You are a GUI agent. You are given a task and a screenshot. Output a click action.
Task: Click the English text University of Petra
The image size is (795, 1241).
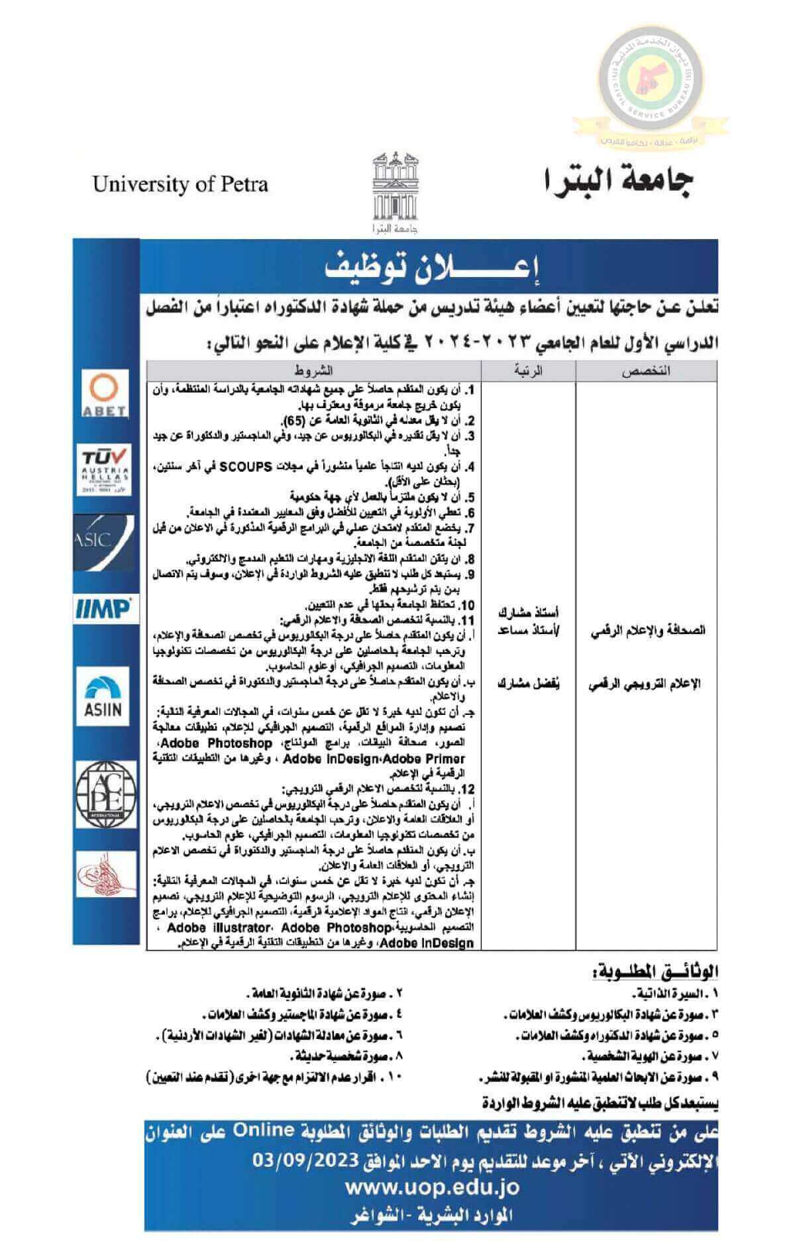coord(180,184)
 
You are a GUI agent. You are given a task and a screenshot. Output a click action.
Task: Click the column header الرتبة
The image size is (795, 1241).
coord(529,370)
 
